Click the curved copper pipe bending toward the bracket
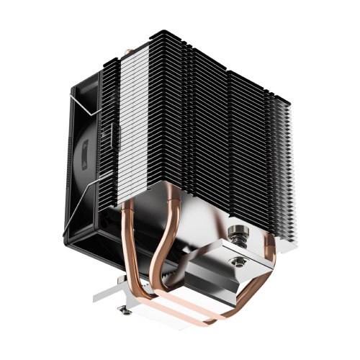[x=160, y=245]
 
